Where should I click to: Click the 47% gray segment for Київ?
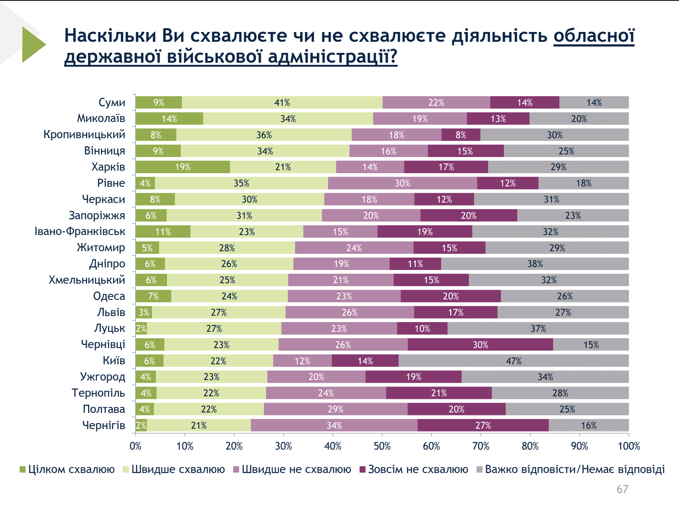tap(513, 360)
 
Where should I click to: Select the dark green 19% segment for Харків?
tap(182, 167)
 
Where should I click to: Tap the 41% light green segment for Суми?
tap(282, 102)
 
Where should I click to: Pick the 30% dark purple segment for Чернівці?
tap(480, 345)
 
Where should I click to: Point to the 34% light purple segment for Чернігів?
tap(334, 425)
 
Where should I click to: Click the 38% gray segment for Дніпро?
tap(535, 264)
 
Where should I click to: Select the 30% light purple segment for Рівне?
tap(402, 183)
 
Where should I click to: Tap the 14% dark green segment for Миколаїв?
tap(169, 118)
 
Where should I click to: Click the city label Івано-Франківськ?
tap(80, 231)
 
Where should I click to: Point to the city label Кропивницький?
tap(84, 134)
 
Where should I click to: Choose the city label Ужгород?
tap(102, 377)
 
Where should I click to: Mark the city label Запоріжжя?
tap(97, 215)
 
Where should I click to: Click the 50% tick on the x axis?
tap(382, 435)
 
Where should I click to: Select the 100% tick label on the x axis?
tap(629, 446)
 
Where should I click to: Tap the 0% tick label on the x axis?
tap(135, 446)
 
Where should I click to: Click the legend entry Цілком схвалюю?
tap(67, 469)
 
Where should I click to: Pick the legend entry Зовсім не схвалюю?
tap(414, 469)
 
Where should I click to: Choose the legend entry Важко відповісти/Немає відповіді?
tap(571, 469)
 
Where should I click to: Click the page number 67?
tap(622, 489)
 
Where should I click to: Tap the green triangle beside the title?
tap(32, 44)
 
